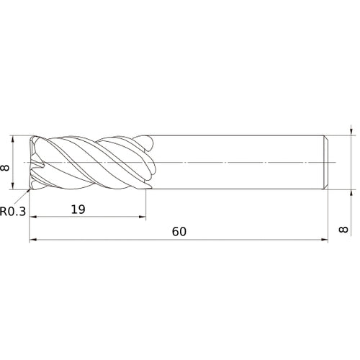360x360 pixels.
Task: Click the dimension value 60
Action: [179, 232]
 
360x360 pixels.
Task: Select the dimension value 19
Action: [80, 210]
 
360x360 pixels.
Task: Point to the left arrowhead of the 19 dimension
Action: [33, 218]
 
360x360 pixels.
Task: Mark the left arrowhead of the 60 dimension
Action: [33, 240]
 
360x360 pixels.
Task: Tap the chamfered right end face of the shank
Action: [328, 163]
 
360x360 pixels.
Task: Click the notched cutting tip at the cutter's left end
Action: [33, 163]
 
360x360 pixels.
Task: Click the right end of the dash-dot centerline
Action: [338, 163]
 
